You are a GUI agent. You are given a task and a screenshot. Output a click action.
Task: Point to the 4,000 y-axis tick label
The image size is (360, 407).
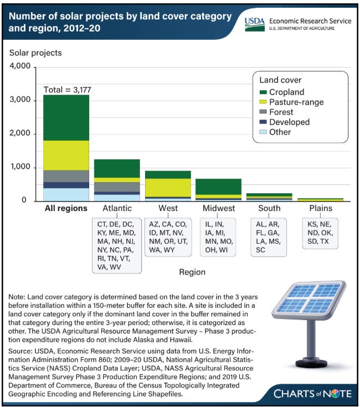[20, 68]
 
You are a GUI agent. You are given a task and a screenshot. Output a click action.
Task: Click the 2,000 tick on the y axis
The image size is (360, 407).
[20, 134]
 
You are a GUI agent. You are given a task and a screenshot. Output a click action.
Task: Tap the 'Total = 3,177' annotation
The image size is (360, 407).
[66, 89]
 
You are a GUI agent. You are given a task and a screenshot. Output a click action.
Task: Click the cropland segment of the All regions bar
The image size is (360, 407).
[66, 117]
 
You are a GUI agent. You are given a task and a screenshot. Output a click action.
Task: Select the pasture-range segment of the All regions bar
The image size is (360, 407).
[66, 155]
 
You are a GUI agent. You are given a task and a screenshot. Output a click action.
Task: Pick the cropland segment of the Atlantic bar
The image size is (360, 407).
[117, 168]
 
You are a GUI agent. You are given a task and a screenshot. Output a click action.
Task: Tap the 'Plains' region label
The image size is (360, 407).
[324, 209]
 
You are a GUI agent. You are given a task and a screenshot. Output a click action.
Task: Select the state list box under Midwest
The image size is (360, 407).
[218, 237]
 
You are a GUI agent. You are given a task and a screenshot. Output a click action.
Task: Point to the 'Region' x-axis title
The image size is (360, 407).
[192, 272]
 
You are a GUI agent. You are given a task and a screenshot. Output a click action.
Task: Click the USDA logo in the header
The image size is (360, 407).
[255, 24]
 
